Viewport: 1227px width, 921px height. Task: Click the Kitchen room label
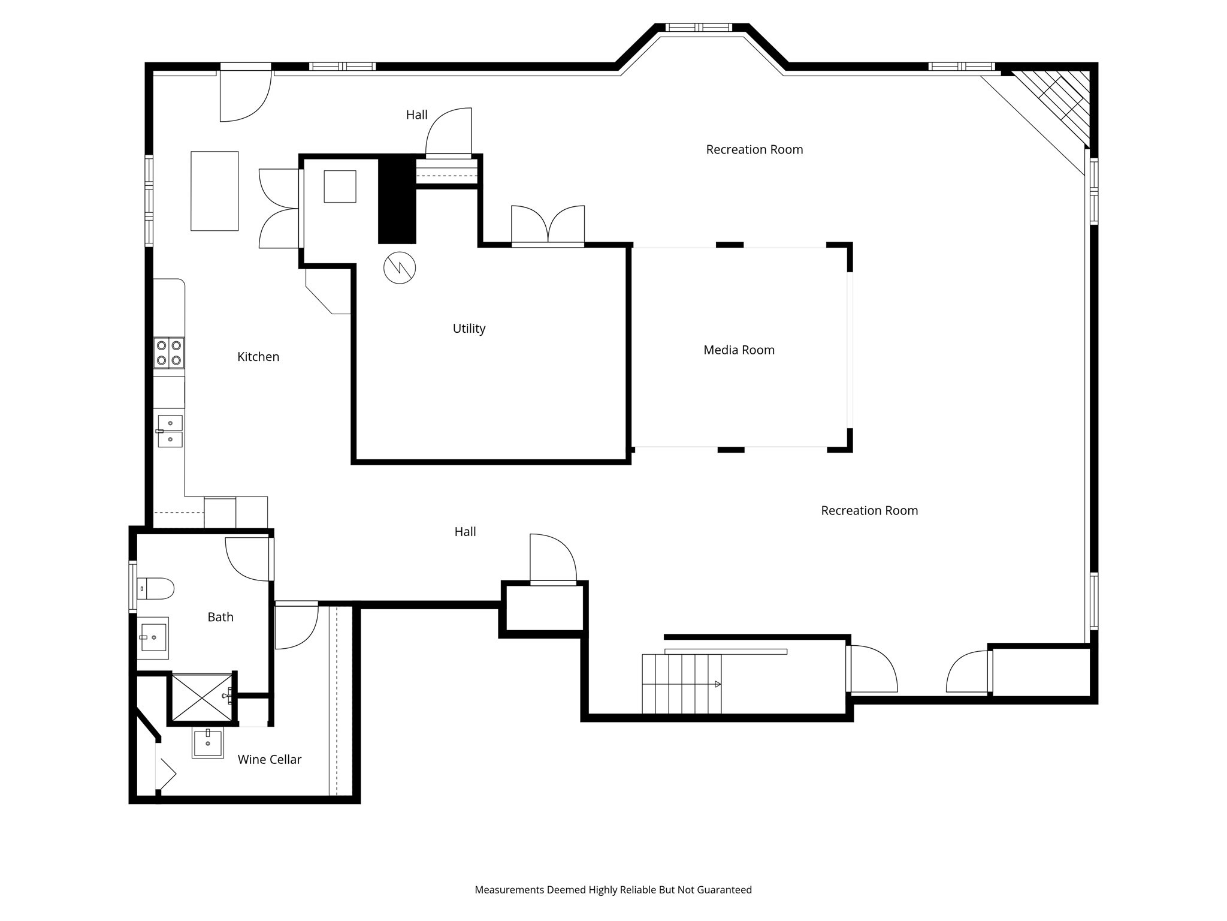point(258,357)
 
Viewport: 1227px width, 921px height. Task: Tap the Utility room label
point(469,329)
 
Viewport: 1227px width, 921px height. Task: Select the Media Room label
point(739,350)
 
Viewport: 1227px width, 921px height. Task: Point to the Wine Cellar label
point(269,760)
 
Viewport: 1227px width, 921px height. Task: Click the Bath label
point(220,617)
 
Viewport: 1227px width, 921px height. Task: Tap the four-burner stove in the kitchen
point(169,353)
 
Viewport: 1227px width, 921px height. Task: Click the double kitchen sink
point(170,431)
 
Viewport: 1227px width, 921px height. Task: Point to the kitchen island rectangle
point(214,191)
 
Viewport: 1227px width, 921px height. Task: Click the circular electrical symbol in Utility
point(400,268)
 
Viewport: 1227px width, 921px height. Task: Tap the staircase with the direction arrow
point(682,684)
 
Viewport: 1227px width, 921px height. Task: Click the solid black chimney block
point(397,200)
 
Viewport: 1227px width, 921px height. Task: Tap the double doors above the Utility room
point(548,226)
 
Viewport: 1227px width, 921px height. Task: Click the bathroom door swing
point(248,559)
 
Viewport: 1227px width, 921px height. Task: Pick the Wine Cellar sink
point(208,743)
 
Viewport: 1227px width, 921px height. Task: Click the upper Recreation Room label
point(754,150)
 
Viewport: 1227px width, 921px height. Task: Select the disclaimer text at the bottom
point(613,890)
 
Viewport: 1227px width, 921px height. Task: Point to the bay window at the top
point(699,28)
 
